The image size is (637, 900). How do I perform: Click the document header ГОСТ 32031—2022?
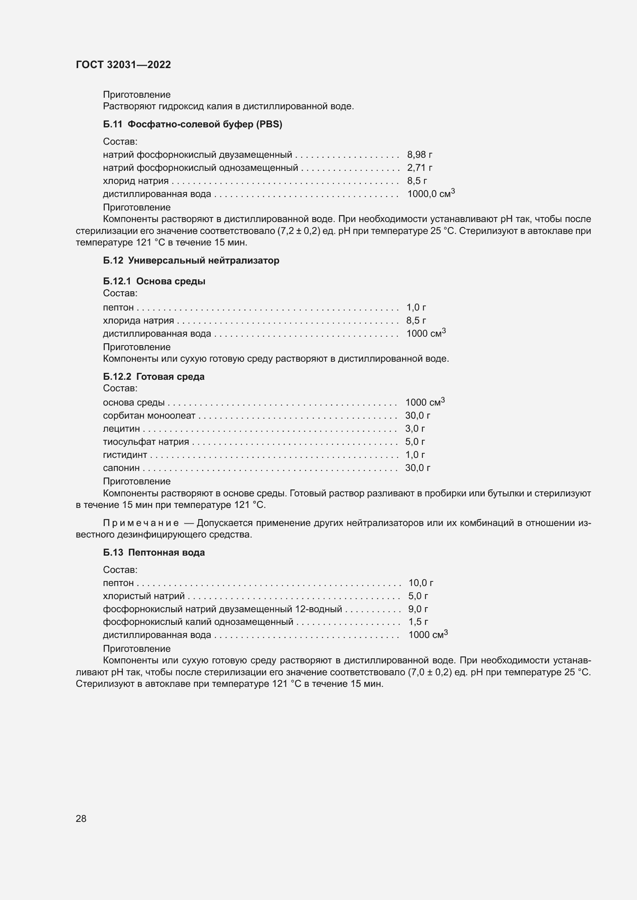tap(123, 65)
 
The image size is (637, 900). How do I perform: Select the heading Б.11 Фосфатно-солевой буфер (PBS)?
tap(192, 124)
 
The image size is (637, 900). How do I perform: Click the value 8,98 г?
tap(419, 155)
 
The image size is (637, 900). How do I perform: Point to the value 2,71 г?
tap(419, 168)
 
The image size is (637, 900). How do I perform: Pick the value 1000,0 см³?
tap(430, 194)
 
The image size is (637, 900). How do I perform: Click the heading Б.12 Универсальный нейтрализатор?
tap(191, 260)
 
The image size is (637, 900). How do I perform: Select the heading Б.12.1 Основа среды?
tap(154, 281)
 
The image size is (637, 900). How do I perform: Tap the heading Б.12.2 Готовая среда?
tap(154, 376)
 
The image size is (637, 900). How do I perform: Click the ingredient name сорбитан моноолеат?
tap(149, 416)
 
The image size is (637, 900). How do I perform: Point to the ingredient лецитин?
tap(121, 428)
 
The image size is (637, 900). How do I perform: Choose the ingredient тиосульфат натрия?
tap(146, 442)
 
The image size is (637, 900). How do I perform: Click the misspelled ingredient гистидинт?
tap(125, 455)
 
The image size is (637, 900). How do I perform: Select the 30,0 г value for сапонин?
tap(417, 468)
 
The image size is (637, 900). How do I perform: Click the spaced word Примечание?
tap(141, 523)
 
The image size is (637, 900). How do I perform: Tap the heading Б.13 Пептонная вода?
tap(154, 552)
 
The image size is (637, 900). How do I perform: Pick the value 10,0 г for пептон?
tap(420, 583)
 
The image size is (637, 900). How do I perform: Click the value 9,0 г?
tap(418, 609)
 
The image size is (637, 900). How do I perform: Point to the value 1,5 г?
tap(418, 622)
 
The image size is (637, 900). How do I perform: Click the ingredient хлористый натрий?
tap(144, 596)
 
